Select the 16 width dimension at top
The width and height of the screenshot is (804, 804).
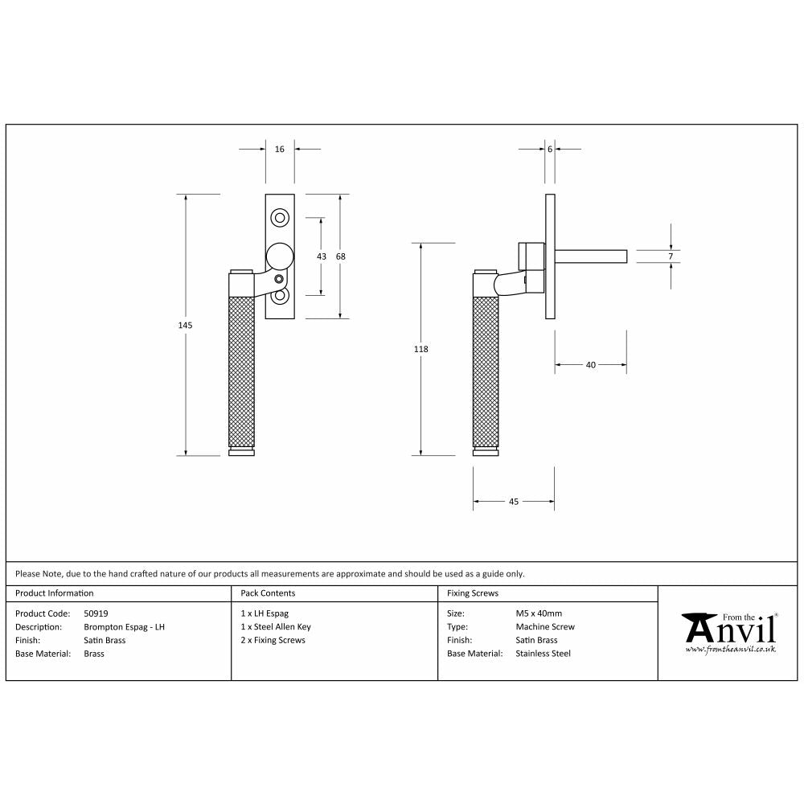280,149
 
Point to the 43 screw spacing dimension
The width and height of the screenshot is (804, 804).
321,256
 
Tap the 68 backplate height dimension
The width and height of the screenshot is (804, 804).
340,256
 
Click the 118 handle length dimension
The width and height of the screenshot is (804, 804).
421,349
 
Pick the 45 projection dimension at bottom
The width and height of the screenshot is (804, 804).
514,502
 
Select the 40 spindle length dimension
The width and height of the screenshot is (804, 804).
591,365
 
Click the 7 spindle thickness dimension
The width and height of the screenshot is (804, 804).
671,256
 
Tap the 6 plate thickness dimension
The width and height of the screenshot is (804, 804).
550,149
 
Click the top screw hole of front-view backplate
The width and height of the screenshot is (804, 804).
280,217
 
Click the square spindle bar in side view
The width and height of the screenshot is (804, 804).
591,256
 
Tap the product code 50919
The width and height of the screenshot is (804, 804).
96,613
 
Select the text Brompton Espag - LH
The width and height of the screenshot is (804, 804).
125,627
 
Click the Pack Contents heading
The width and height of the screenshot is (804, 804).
268,593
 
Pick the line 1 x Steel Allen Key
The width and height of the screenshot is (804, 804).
276,627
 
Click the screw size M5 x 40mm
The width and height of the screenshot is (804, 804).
539,613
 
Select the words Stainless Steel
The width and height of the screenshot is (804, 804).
543,654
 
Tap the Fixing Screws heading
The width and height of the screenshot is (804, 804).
473,593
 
